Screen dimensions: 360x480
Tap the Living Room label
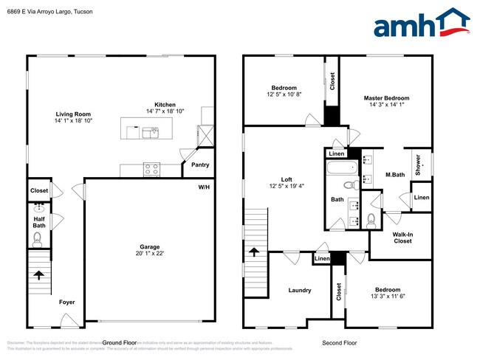coord(73,114)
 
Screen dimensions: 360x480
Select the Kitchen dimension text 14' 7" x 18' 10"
coord(165,111)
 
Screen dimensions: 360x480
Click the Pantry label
coord(200,165)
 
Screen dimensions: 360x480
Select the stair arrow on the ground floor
coord(38,276)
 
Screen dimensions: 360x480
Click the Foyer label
coord(67,302)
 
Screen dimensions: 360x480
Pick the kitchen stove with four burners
coord(151,169)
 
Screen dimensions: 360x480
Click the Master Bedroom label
coord(385,98)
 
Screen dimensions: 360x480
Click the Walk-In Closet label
coord(402,237)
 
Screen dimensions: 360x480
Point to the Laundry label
coord(299,290)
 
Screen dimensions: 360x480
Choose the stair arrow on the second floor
coord(253,252)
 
